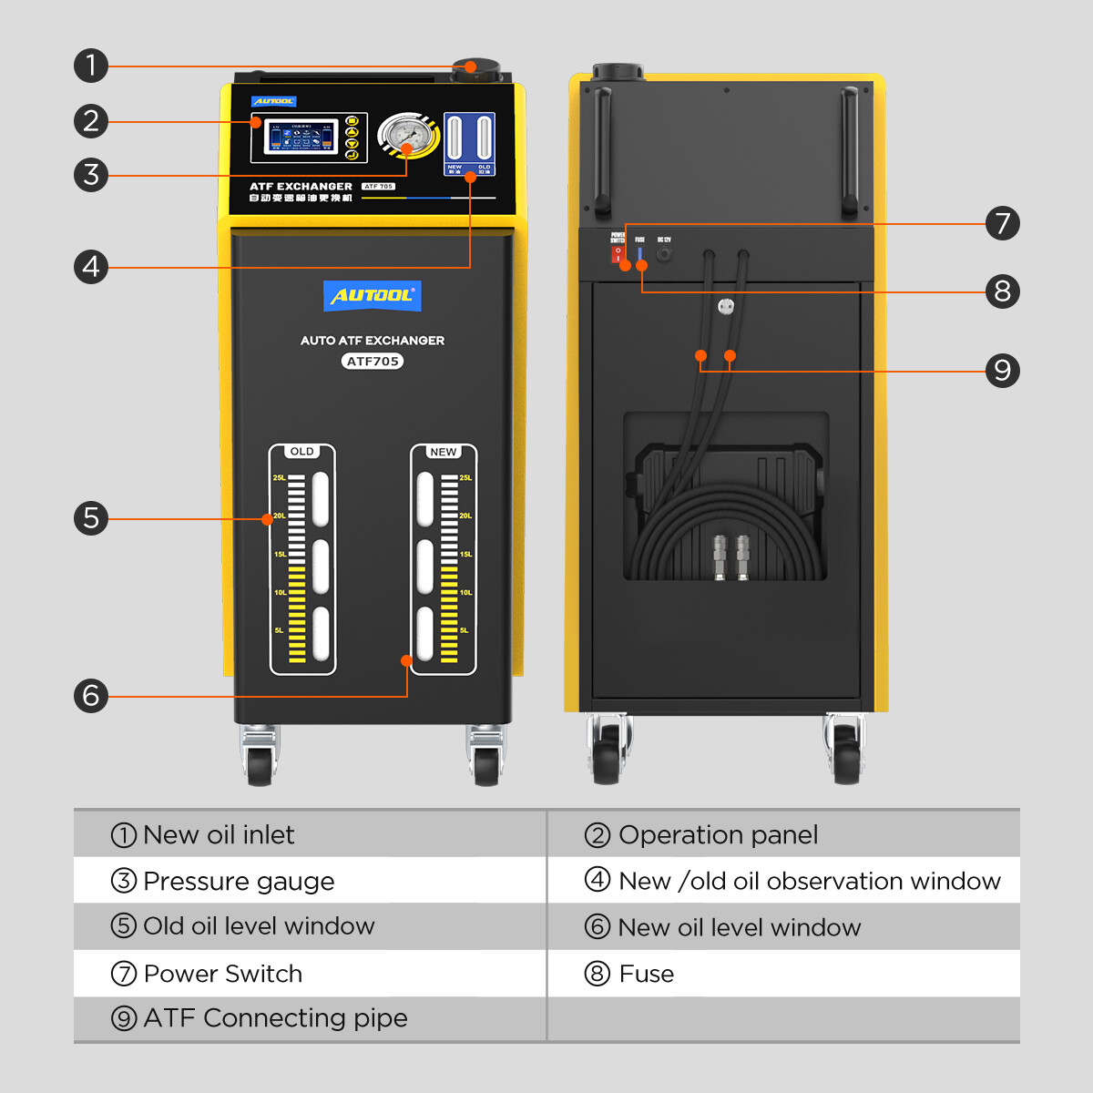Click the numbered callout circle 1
coord(91,66)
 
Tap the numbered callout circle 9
coord(1002,371)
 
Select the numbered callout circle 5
coord(91,518)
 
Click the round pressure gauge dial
coord(405,136)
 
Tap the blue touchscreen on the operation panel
coord(301,138)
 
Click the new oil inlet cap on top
coord(475,69)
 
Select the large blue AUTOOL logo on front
coord(373,296)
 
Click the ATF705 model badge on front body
coord(373,362)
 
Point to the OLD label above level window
coord(301,452)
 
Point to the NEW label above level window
coord(444,452)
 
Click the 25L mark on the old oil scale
coord(280,478)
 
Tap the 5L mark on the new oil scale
coord(465,630)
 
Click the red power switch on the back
coord(618,255)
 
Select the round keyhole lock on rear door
coord(726,307)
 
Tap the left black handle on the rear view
coord(601,150)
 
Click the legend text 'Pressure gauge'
coord(239,882)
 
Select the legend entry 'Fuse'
coord(646,975)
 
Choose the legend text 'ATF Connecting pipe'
coord(275,1018)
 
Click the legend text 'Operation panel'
coord(718,835)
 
